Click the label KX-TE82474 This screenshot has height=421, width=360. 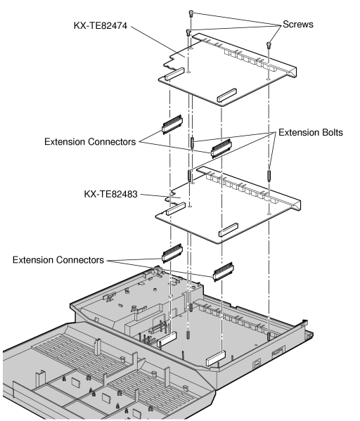pyautogui.click(x=101, y=25)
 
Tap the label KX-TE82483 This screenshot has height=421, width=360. pyautogui.click(x=110, y=194)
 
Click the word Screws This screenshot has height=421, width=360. pyautogui.click(x=298, y=24)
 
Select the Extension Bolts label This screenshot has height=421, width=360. pyautogui.click(x=311, y=132)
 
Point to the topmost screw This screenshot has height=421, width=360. pyautogui.click(x=191, y=13)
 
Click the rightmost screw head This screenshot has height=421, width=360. pyautogui.click(x=269, y=44)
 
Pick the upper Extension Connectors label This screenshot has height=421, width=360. pyautogui.click(x=90, y=141)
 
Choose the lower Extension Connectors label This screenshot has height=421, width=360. pyautogui.click(x=58, y=260)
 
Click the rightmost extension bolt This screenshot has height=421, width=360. pyautogui.click(x=269, y=175)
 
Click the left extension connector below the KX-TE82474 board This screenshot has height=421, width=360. pyautogui.click(x=172, y=124)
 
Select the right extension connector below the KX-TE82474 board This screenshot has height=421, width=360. pyautogui.click(x=221, y=148)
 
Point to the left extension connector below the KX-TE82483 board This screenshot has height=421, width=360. pyautogui.click(x=172, y=252)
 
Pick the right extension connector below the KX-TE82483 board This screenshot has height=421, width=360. pyautogui.click(x=224, y=272)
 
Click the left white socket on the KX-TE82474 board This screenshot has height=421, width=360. pyautogui.click(x=174, y=74)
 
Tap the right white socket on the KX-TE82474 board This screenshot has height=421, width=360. pyautogui.click(x=226, y=96)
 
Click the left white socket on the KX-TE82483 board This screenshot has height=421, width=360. pyautogui.click(x=176, y=209)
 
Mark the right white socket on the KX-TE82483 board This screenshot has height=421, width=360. pyautogui.click(x=229, y=230)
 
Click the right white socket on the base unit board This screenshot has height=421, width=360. pyautogui.click(x=215, y=358)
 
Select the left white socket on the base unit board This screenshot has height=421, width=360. pyautogui.click(x=167, y=339)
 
